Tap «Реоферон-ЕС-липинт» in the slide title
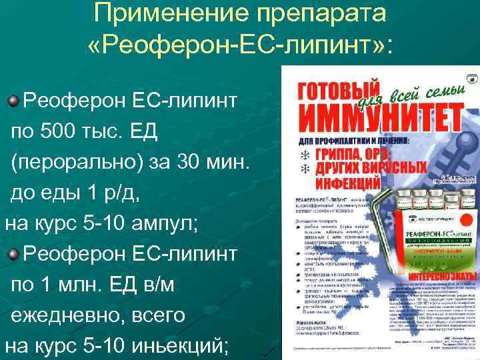tap(240, 45)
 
